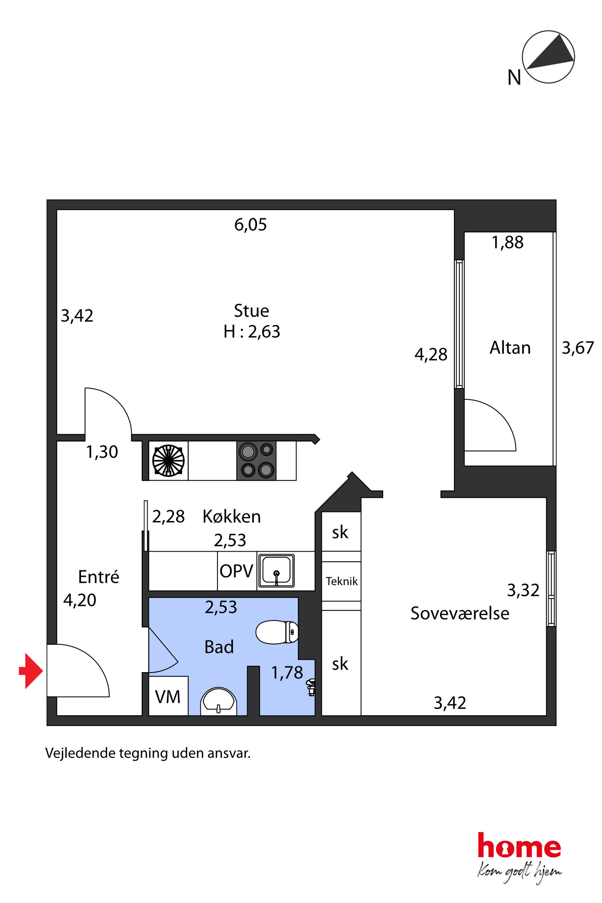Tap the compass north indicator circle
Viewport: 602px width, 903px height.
(548, 57)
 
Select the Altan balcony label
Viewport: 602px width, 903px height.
(510, 348)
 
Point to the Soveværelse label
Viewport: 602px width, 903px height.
(460, 614)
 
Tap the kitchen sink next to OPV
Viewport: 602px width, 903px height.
(276, 570)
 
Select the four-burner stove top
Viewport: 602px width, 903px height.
(256, 460)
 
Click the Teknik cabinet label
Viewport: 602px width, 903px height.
(341, 581)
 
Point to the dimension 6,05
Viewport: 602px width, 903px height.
(250, 225)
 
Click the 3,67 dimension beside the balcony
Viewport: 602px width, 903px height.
(577, 348)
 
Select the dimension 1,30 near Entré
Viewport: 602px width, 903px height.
(102, 452)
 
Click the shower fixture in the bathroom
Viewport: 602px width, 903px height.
(311, 687)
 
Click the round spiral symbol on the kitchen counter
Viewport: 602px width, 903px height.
(168, 460)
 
